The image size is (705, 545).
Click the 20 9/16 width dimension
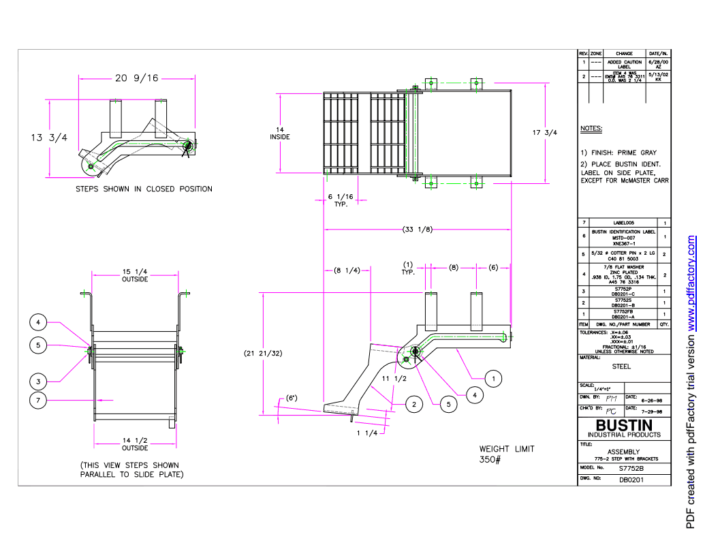[x=137, y=78]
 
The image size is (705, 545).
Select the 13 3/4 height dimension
[x=49, y=138]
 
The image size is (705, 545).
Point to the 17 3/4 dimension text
[x=544, y=133]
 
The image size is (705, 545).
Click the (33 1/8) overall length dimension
[x=418, y=229]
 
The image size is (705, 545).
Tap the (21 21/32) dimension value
[x=263, y=354]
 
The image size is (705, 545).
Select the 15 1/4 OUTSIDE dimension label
[x=135, y=275]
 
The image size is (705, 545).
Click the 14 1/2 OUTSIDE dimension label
[x=135, y=445]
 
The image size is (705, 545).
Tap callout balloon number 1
[x=495, y=378]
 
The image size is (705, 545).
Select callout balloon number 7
[x=38, y=400]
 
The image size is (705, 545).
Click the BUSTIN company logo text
[x=623, y=426]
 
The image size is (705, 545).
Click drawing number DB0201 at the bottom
[x=631, y=480]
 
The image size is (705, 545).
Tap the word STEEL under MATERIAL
[x=621, y=366]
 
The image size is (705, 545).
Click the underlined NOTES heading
[x=591, y=129]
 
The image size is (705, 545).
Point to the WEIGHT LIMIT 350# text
[x=507, y=454]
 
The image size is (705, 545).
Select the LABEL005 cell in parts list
[x=623, y=223]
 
